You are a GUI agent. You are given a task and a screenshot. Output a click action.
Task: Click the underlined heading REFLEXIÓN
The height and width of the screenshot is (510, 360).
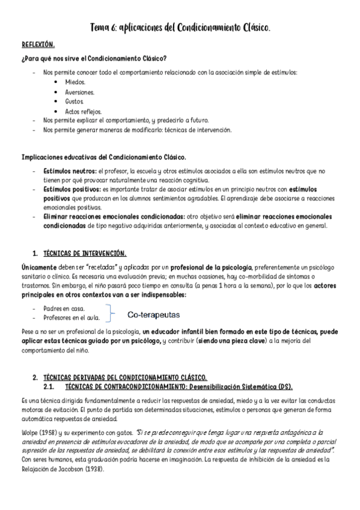pos(38,45)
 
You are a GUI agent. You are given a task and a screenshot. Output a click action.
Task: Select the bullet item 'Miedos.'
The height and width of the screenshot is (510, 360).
pos(75,82)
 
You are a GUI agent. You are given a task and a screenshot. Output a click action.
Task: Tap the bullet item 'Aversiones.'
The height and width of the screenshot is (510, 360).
pos(80,92)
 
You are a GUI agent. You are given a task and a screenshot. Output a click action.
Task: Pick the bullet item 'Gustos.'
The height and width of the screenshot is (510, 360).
pos(75,102)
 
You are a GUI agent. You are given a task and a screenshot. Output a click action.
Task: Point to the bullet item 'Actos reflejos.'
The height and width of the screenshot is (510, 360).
pos(84,111)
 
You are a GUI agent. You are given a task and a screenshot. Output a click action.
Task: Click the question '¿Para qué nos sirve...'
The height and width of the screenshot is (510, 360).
pos(94,58)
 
